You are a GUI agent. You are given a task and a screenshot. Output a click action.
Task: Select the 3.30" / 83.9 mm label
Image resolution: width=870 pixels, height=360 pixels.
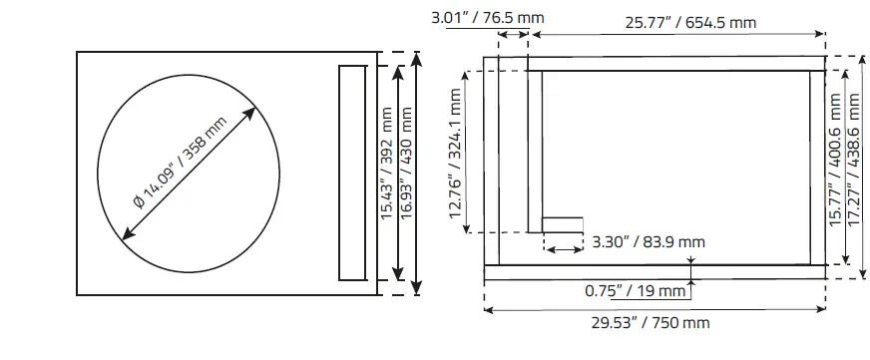(648, 241)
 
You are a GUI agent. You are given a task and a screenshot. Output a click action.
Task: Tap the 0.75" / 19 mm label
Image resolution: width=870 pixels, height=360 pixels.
(636, 291)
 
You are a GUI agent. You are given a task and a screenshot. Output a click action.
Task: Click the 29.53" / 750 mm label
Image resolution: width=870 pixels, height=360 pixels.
(650, 323)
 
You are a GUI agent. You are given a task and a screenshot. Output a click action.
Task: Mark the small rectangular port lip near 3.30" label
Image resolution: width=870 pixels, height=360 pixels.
(562, 224)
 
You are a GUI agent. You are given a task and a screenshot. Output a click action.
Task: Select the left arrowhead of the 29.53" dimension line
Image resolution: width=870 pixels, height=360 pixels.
(488, 309)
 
